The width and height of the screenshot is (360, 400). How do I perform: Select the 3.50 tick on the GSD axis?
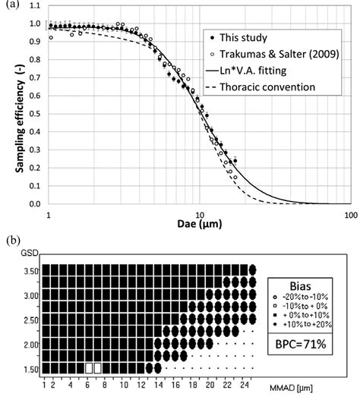pos(26,269)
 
